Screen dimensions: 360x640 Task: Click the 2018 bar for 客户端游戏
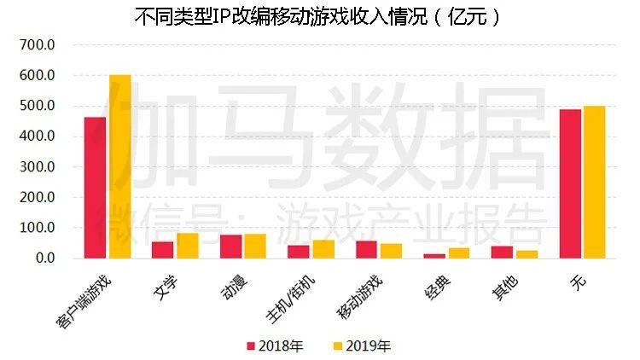point(95,188)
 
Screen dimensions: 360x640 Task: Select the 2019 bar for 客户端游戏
point(119,166)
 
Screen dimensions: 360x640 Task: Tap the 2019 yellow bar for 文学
point(188,246)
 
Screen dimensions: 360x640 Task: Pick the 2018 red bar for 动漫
point(230,247)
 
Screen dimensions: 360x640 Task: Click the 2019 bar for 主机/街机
point(323,249)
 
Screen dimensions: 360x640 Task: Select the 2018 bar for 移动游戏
point(366,249)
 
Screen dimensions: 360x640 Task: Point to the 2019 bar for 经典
point(459,253)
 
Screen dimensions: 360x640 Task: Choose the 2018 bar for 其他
point(502,252)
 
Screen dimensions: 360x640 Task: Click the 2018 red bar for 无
point(570,183)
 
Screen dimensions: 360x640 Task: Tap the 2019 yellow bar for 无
point(595,182)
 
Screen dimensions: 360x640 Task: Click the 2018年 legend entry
point(274,345)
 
